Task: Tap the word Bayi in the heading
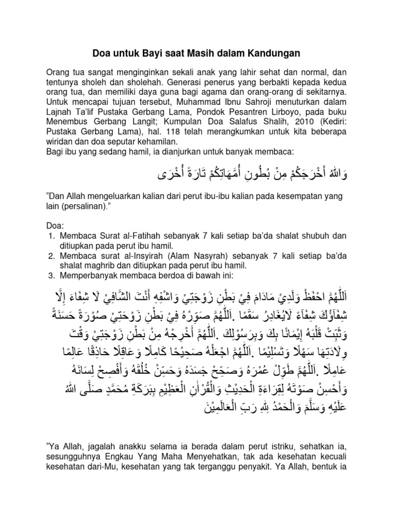154,53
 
